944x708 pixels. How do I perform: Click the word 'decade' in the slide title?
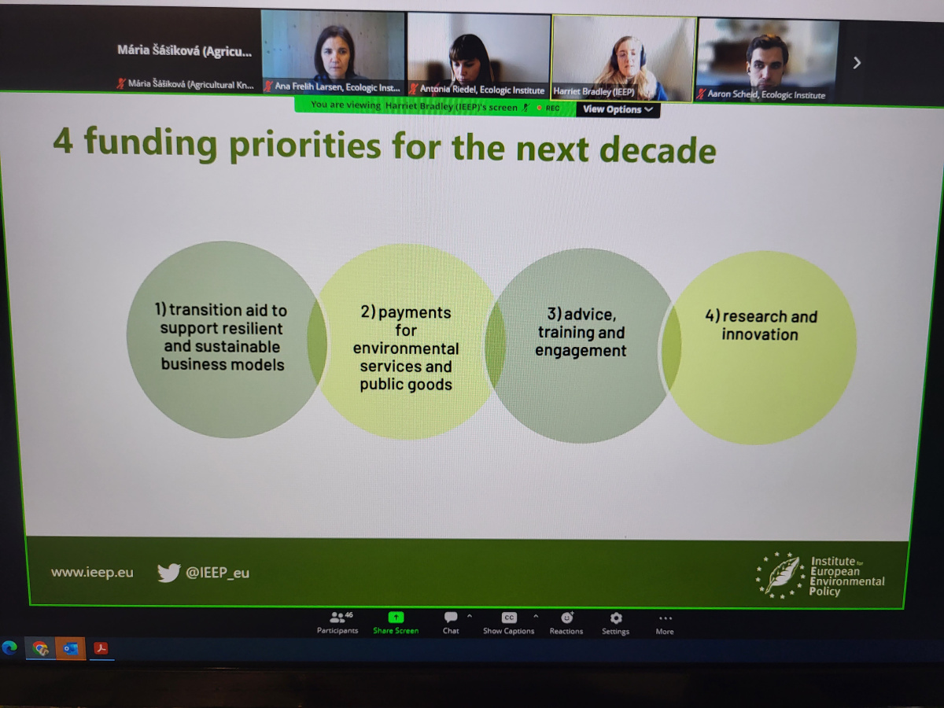[658, 150]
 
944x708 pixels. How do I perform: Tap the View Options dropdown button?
[618, 109]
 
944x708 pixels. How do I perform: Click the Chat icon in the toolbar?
[451, 618]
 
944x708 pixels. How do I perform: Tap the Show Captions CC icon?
[509, 618]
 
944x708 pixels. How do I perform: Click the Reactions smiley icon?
[567, 618]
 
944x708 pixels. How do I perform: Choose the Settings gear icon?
[616, 618]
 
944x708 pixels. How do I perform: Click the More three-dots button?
[665, 618]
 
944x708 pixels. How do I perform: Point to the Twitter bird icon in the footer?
[168, 573]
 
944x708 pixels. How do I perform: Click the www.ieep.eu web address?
[92, 572]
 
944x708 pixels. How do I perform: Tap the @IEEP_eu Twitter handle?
[217, 573]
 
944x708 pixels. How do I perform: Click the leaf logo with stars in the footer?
[780, 575]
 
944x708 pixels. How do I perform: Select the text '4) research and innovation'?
[761, 326]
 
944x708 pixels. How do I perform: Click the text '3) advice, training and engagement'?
[581, 332]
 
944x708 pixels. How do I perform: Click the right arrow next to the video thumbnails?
[857, 63]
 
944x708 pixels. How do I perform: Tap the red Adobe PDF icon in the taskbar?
[101, 648]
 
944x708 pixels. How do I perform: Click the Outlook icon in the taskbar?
[70, 648]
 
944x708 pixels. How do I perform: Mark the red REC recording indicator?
[549, 108]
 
